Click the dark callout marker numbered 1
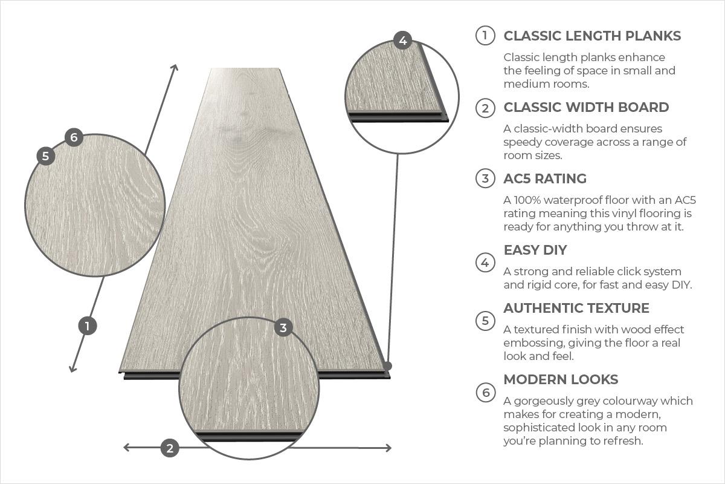pyautogui.click(x=88, y=326)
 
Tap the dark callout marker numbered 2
pyautogui.click(x=170, y=448)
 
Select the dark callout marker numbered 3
pyautogui.click(x=283, y=328)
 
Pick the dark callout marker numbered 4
pyautogui.click(x=402, y=41)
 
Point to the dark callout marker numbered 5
pyautogui.click(x=45, y=156)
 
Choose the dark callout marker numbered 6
pyautogui.click(x=74, y=137)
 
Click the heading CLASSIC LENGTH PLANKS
pyautogui.click(x=592, y=36)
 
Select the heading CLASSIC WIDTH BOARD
pyautogui.click(x=586, y=107)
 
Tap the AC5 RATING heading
pyautogui.click(x=545, y=178)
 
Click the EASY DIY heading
pyautogui.click(x=535, y=250)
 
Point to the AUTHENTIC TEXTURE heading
pyautogui.click(x=576, y=308)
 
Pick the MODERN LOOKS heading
pyautogui.click(x=561, y=379)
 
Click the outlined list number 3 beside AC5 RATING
pyautogui.click(x=485, y=178)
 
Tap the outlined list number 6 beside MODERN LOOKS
pyautogui.click(x=485, y=393)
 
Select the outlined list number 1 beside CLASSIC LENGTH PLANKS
pyautogui.click(x=485, y=36)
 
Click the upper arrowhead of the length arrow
pyautogui.click(x=175, y=67)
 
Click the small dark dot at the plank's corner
pyautogui.click(x=387, y=366)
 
